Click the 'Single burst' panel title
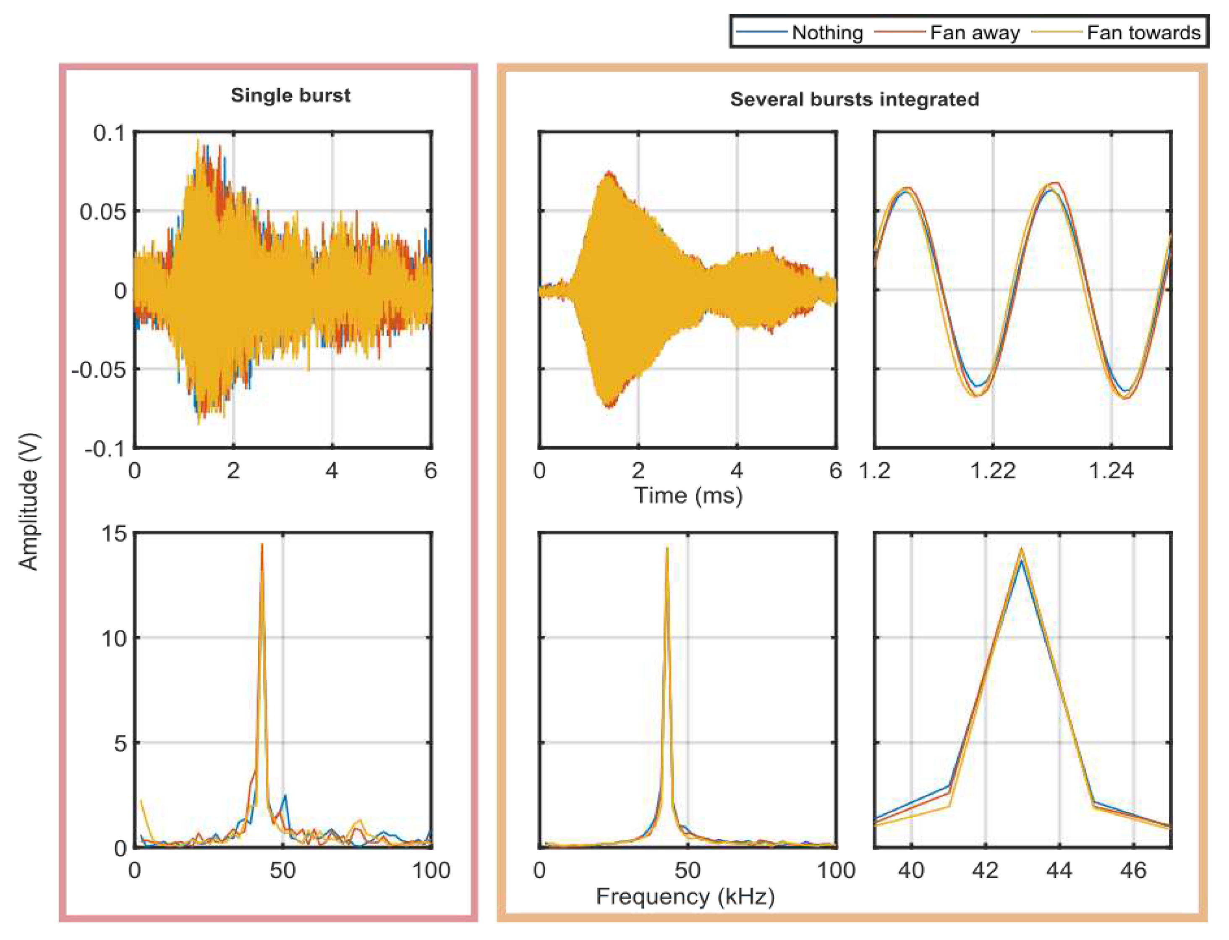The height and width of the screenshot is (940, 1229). pyautogui.click(x=290, y=95)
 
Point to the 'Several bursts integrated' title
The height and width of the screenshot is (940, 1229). pyautogui.click(x=854, y=99)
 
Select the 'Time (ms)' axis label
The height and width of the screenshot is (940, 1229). pyautogui.click(x=688, y=495)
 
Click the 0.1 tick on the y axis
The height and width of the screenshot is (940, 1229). pyautogui.click(x=110, y=133)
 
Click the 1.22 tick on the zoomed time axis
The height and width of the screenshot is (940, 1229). pyautogui.click(x=992, y=471)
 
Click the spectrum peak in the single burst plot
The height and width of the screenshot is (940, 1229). pyautogui.click(x=261, y=545)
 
